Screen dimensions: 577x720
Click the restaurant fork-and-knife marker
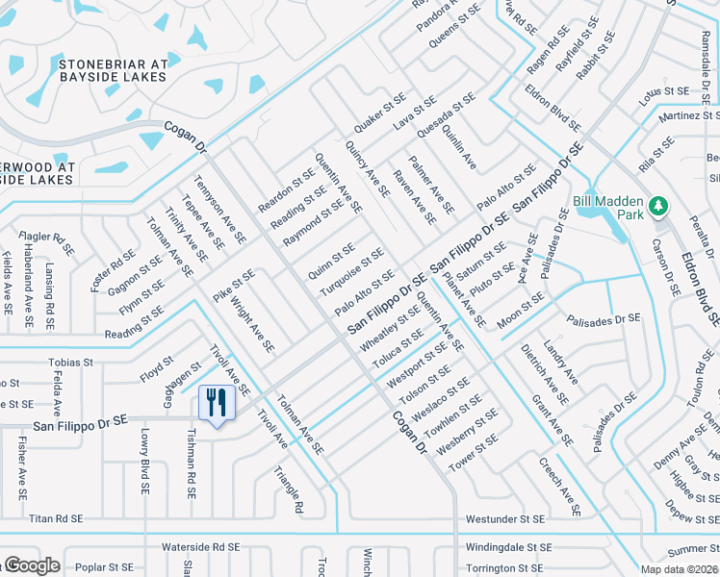[217, 402]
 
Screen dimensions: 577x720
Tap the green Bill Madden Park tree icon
[658, 206]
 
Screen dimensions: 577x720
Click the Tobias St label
[70, 364]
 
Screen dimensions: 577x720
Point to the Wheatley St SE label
[390, 327]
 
